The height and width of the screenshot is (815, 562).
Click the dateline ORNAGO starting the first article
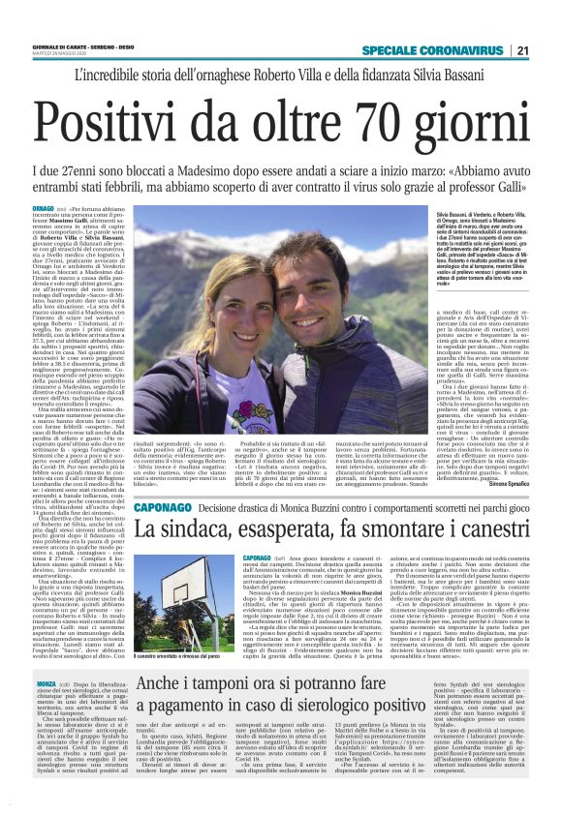pos(43,208)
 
